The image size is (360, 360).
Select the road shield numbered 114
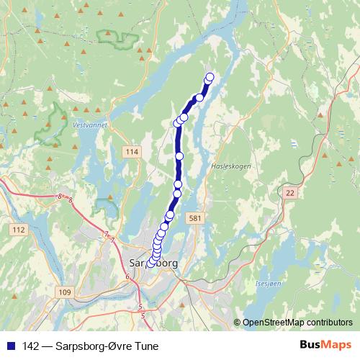click(130, 152)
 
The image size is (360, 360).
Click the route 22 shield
click(290, 192)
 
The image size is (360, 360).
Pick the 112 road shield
click(19, 229)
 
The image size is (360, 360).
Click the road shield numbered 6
click(127, 276)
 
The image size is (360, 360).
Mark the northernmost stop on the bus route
click(210, 77)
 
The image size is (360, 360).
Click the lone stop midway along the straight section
click(179, 156)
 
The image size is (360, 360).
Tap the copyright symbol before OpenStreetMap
click(237, 322)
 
